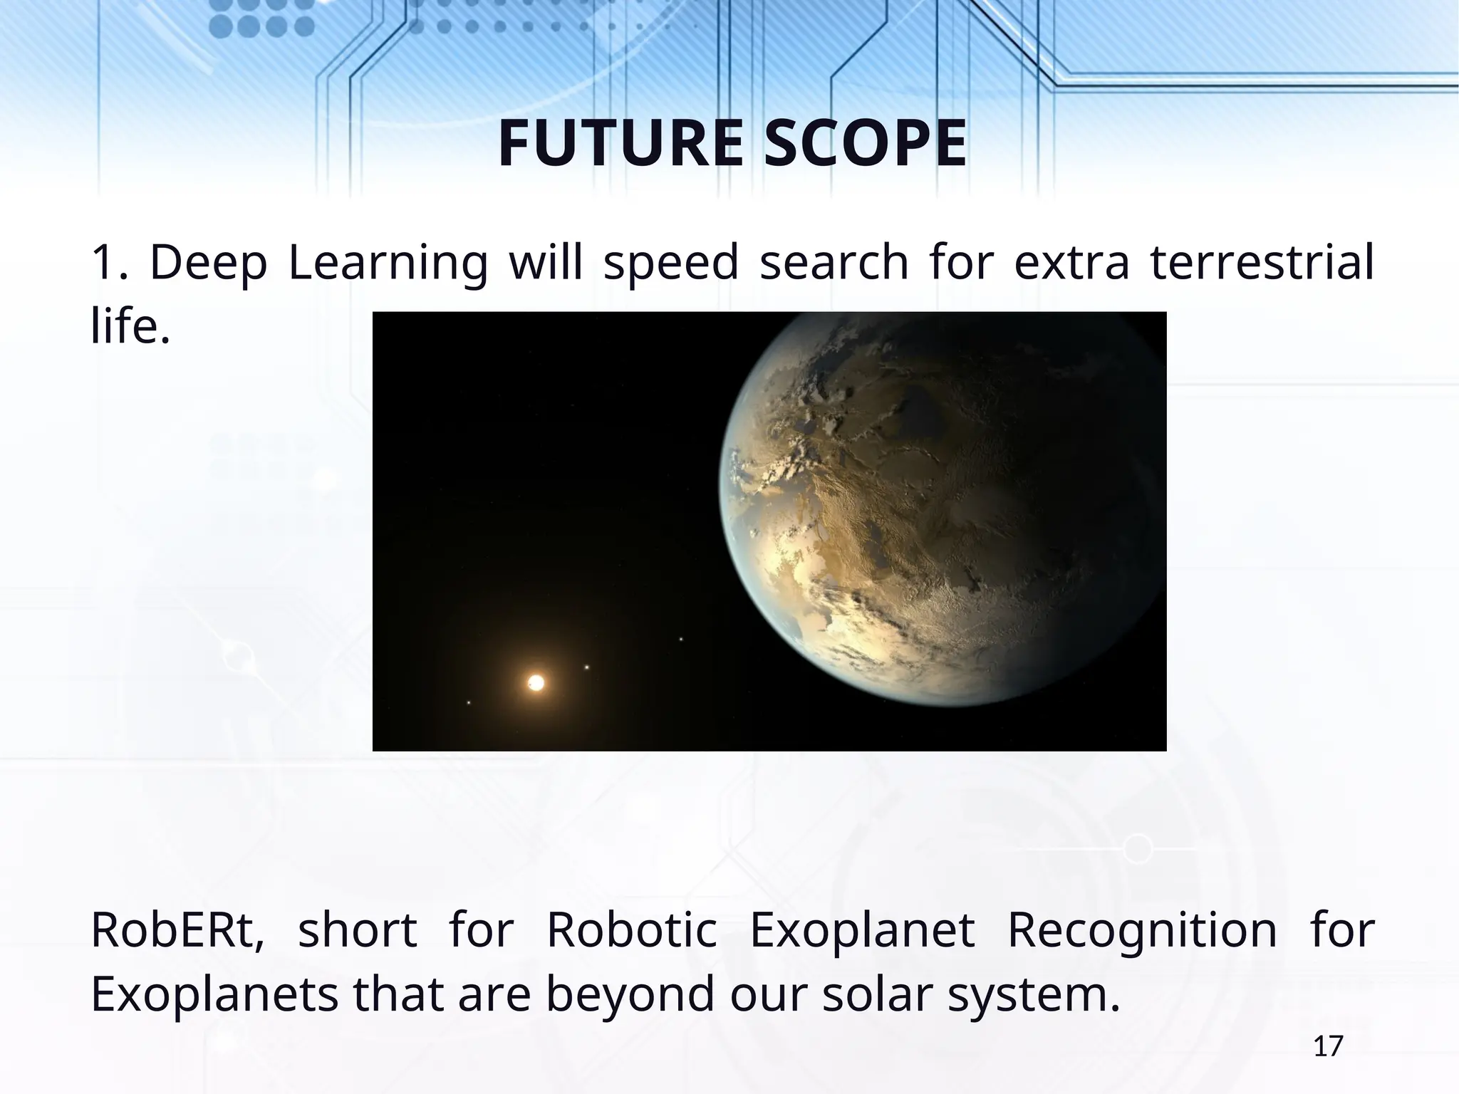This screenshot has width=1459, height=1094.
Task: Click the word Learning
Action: click(x=388, y=263)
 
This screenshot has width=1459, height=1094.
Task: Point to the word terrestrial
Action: click(x=1262, y=261)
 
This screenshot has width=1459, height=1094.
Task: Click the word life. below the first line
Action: click(x=131, y=325)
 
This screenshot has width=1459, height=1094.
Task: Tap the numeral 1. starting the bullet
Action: click(x=110, y=262)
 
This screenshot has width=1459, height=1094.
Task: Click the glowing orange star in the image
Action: click(x=536, y=683)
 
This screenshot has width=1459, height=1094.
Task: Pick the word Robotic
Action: click(x=631, y=930)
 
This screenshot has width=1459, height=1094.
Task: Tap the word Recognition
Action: click(x=1142, y=930)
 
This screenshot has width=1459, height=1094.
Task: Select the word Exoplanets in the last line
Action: click(x=214, y=995)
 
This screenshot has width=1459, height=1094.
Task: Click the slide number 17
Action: click(x=1328, y=1046)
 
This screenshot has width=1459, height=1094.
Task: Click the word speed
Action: click(x=671, y=263)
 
